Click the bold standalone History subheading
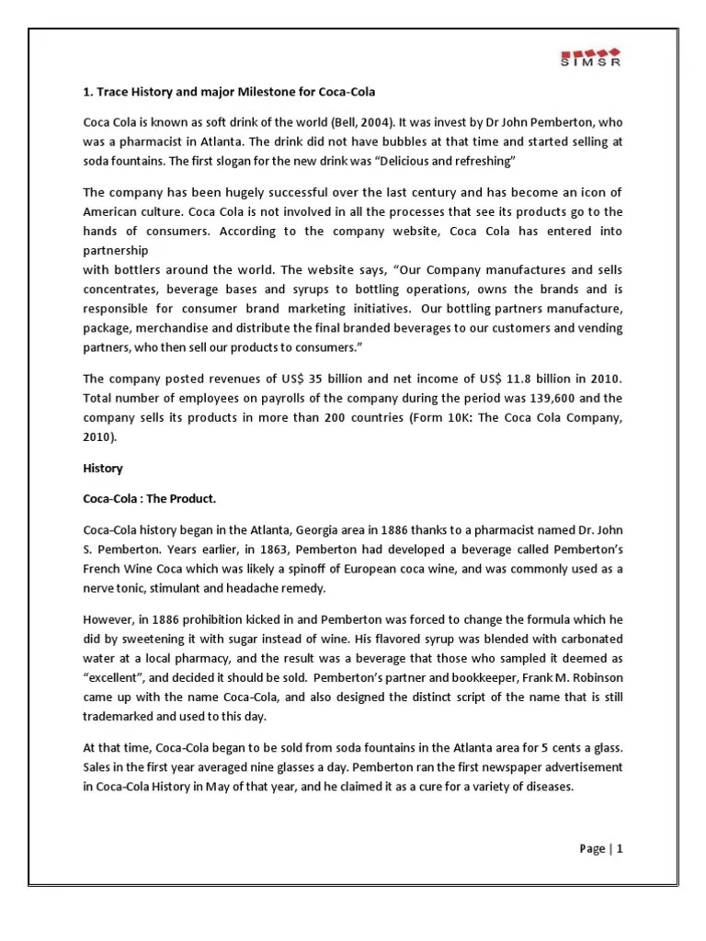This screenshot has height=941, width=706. (x=102, y=469)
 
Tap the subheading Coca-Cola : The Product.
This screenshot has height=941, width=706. (x=149, y=498)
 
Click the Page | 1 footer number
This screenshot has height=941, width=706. (x=601, y=849)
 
